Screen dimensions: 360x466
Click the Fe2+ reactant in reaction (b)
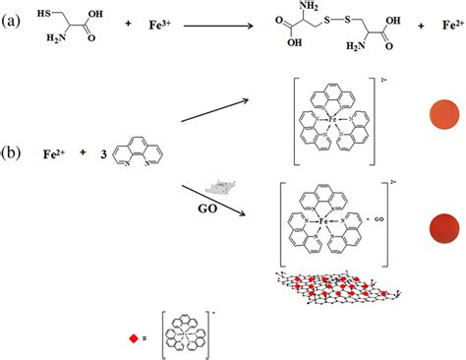56,154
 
